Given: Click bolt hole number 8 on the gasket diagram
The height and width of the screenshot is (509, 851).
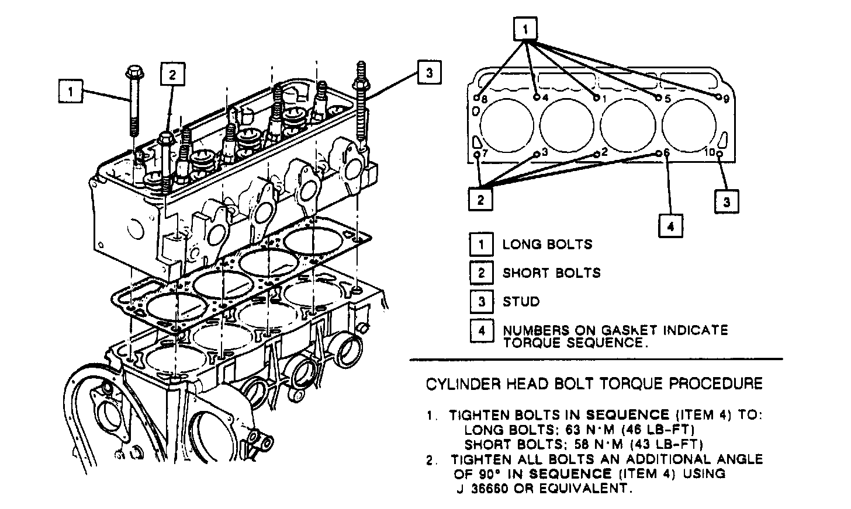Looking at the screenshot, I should click(477, 97).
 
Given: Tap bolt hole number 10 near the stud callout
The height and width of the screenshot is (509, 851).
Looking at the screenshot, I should click(719, 154).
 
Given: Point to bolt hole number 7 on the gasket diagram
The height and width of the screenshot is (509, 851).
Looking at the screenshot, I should click(477, 154).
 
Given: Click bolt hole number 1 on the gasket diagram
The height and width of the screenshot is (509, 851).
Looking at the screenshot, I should click(597, 97).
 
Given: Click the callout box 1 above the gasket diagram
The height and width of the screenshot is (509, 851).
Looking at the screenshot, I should click(525, 29).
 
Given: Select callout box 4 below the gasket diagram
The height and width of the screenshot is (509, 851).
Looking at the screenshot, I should click(670, 225).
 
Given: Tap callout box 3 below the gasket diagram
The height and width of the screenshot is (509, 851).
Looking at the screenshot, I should click(727, 202).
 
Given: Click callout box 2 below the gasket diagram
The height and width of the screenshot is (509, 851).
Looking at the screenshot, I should click(480, 200).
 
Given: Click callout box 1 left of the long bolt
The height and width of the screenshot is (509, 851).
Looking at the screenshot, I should click(70, 90).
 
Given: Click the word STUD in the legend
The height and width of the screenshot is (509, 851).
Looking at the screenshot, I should click(521, 302).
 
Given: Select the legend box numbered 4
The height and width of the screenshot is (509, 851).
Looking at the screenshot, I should click(482, 331).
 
